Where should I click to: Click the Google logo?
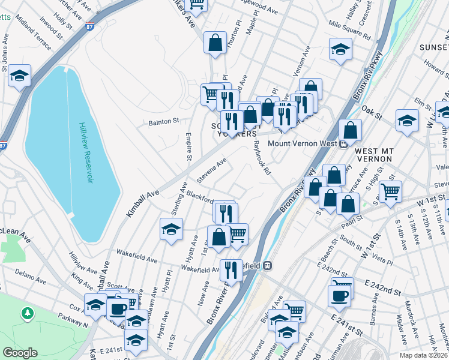[x=20, y=353]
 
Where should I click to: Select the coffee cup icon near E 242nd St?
[x=339, y=295]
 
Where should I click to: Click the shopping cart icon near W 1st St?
[x=391, y=192]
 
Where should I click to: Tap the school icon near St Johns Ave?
[x=20, y=76]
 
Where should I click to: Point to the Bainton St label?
[x=164, y=121]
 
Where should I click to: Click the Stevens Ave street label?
[x=211, y=171]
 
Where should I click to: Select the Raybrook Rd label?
[x=262, y=158]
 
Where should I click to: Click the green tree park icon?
[x=27, y=313]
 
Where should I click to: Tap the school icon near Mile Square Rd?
[x=340, y=49]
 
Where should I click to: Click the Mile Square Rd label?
[x=351, y=23]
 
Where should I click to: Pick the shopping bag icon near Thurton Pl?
[x=215, y=43]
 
